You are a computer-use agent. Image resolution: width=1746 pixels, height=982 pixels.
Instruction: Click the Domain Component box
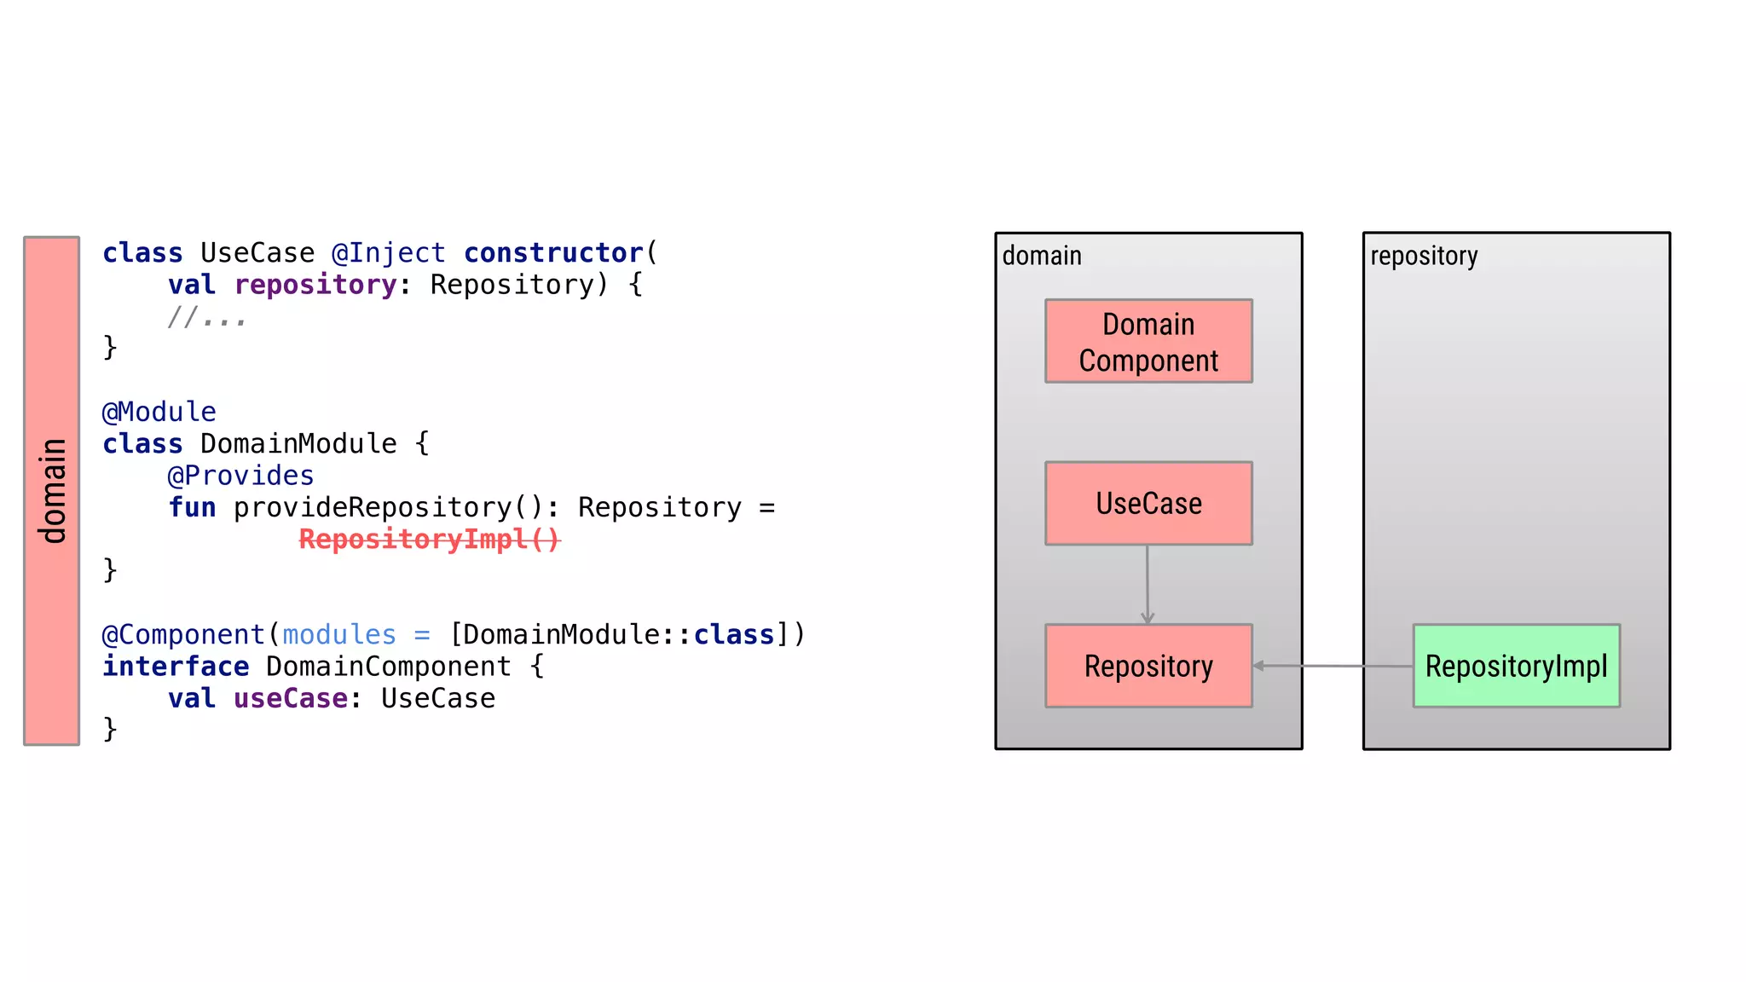(x=1148, y=341)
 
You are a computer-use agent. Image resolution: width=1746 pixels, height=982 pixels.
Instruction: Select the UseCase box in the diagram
(x=1148, y=503)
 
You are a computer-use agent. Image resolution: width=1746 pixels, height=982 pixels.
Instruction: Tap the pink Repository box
(x=1148, y=666)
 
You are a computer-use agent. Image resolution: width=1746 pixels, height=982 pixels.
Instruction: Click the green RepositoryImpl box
(x=1515, y=666)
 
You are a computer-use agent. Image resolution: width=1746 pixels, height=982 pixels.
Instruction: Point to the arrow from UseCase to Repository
(x=1147, y=584)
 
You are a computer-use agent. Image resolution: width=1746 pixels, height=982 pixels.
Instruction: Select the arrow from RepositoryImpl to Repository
(x=1333, y=666)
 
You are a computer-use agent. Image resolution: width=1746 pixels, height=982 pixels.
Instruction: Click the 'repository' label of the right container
(x=1423, y=256)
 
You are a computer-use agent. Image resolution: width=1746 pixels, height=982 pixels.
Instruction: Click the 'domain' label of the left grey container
(x=1041, y=256)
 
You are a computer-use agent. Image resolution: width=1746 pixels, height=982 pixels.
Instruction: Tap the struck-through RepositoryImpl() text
(x=429, y=540)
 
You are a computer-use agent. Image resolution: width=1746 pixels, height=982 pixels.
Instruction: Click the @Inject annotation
(x=388, y=253)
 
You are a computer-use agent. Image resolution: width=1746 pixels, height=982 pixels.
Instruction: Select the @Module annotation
(x=159, y=412)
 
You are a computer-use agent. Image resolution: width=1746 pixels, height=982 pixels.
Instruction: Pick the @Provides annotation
(x=240, y=476)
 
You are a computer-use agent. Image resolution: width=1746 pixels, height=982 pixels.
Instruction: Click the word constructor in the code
(x=552, y=253)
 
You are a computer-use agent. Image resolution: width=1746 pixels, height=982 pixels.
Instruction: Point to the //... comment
(x=206, y=317)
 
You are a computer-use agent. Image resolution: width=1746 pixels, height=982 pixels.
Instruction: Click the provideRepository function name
(x=372, y=508)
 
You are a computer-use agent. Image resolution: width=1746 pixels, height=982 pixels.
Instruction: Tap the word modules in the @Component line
(x=338, y=635)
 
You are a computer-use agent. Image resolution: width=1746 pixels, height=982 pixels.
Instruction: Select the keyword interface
(x=176, y=667)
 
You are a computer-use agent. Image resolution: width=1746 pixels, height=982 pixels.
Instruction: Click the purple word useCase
(x=290, y=699)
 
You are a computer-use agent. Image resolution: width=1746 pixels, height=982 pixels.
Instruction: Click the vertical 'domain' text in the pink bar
(x=52, y=491)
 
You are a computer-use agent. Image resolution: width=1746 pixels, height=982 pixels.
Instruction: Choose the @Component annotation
(x=183, y=635)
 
